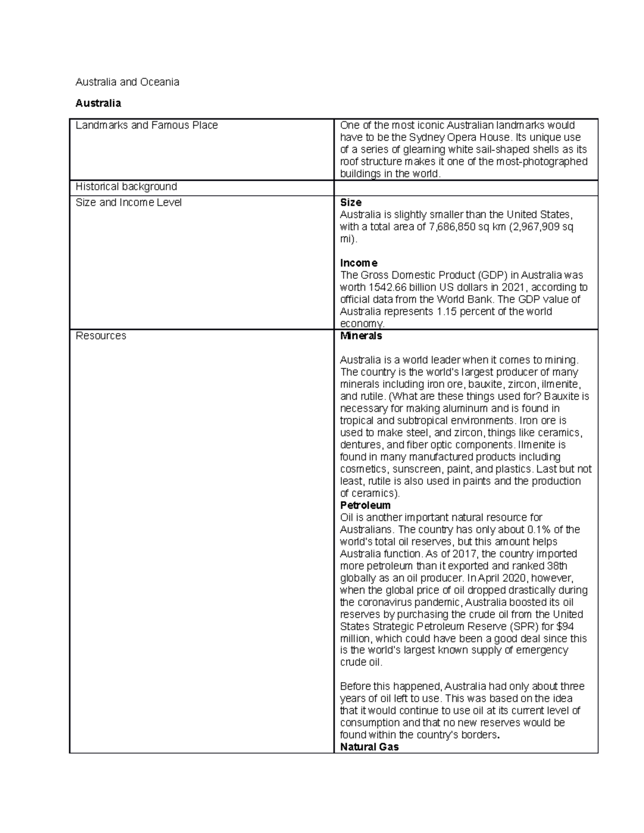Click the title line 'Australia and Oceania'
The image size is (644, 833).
(x=127, y=82)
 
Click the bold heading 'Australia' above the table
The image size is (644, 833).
(x=98, y=103)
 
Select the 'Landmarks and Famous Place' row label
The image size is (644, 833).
(x=147, y=126)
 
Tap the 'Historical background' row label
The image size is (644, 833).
(x=126, y=187)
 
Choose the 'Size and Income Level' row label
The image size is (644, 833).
(x=129, y=203)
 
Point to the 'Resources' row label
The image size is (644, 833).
(x=101, y=336)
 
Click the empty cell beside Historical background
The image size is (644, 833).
(x=465, y=188)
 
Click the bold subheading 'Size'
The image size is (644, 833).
(x=350, y=203)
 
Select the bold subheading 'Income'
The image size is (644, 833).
(x=358, y=263)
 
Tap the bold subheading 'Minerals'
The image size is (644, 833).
(x=361, y=336)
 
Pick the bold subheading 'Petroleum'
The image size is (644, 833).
(x=365, y=505)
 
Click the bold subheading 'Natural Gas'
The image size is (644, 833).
(x=369, y=747)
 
